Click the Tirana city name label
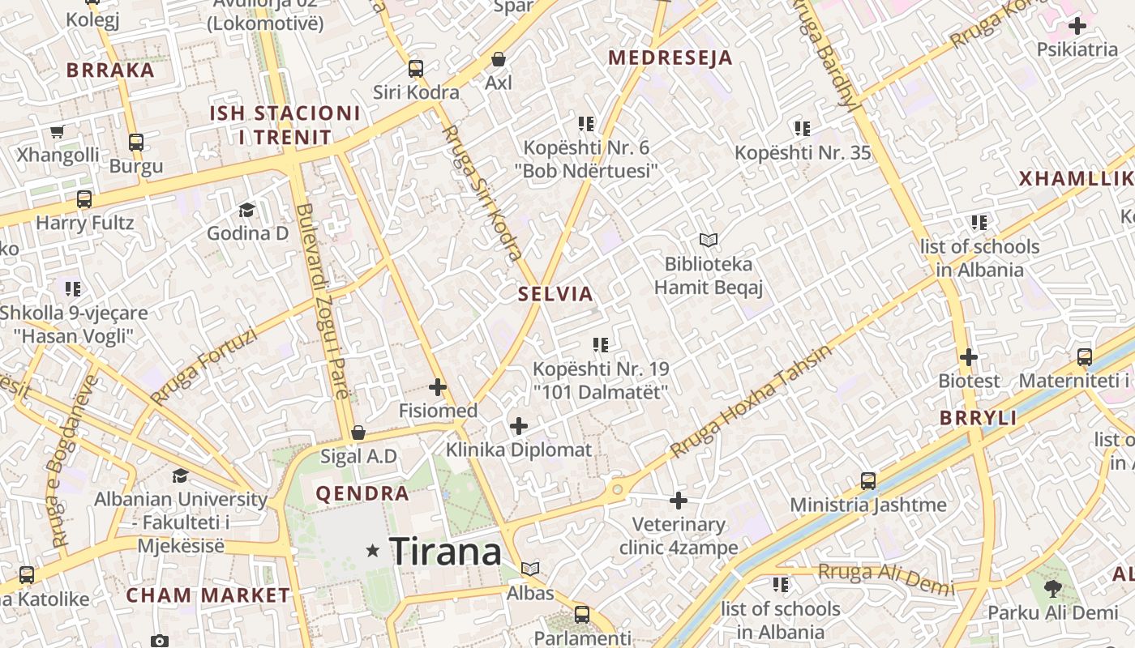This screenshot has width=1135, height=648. point(445,552)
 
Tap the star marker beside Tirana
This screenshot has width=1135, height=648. point(373,551)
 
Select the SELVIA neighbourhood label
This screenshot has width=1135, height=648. point(556,294)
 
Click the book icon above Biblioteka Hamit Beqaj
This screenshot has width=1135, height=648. point(709,240)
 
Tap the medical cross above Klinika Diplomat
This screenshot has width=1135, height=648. point(519,426)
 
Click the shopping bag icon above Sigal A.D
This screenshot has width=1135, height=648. point(358,433)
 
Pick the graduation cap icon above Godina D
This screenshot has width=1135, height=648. point(246,211)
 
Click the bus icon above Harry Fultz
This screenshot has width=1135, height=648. point(84,199)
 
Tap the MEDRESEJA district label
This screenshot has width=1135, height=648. point(670,58)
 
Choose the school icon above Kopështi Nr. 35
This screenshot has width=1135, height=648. point(803,129)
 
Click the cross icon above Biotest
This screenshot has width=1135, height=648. point(969,356)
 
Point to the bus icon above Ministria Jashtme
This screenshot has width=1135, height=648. point(868,481)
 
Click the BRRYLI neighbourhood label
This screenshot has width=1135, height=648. point(978,418)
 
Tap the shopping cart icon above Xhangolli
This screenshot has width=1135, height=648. point(57,131)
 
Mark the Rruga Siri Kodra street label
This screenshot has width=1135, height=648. point(482,192)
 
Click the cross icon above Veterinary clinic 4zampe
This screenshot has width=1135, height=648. point(679,501)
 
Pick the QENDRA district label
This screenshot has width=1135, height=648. point(362,493)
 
